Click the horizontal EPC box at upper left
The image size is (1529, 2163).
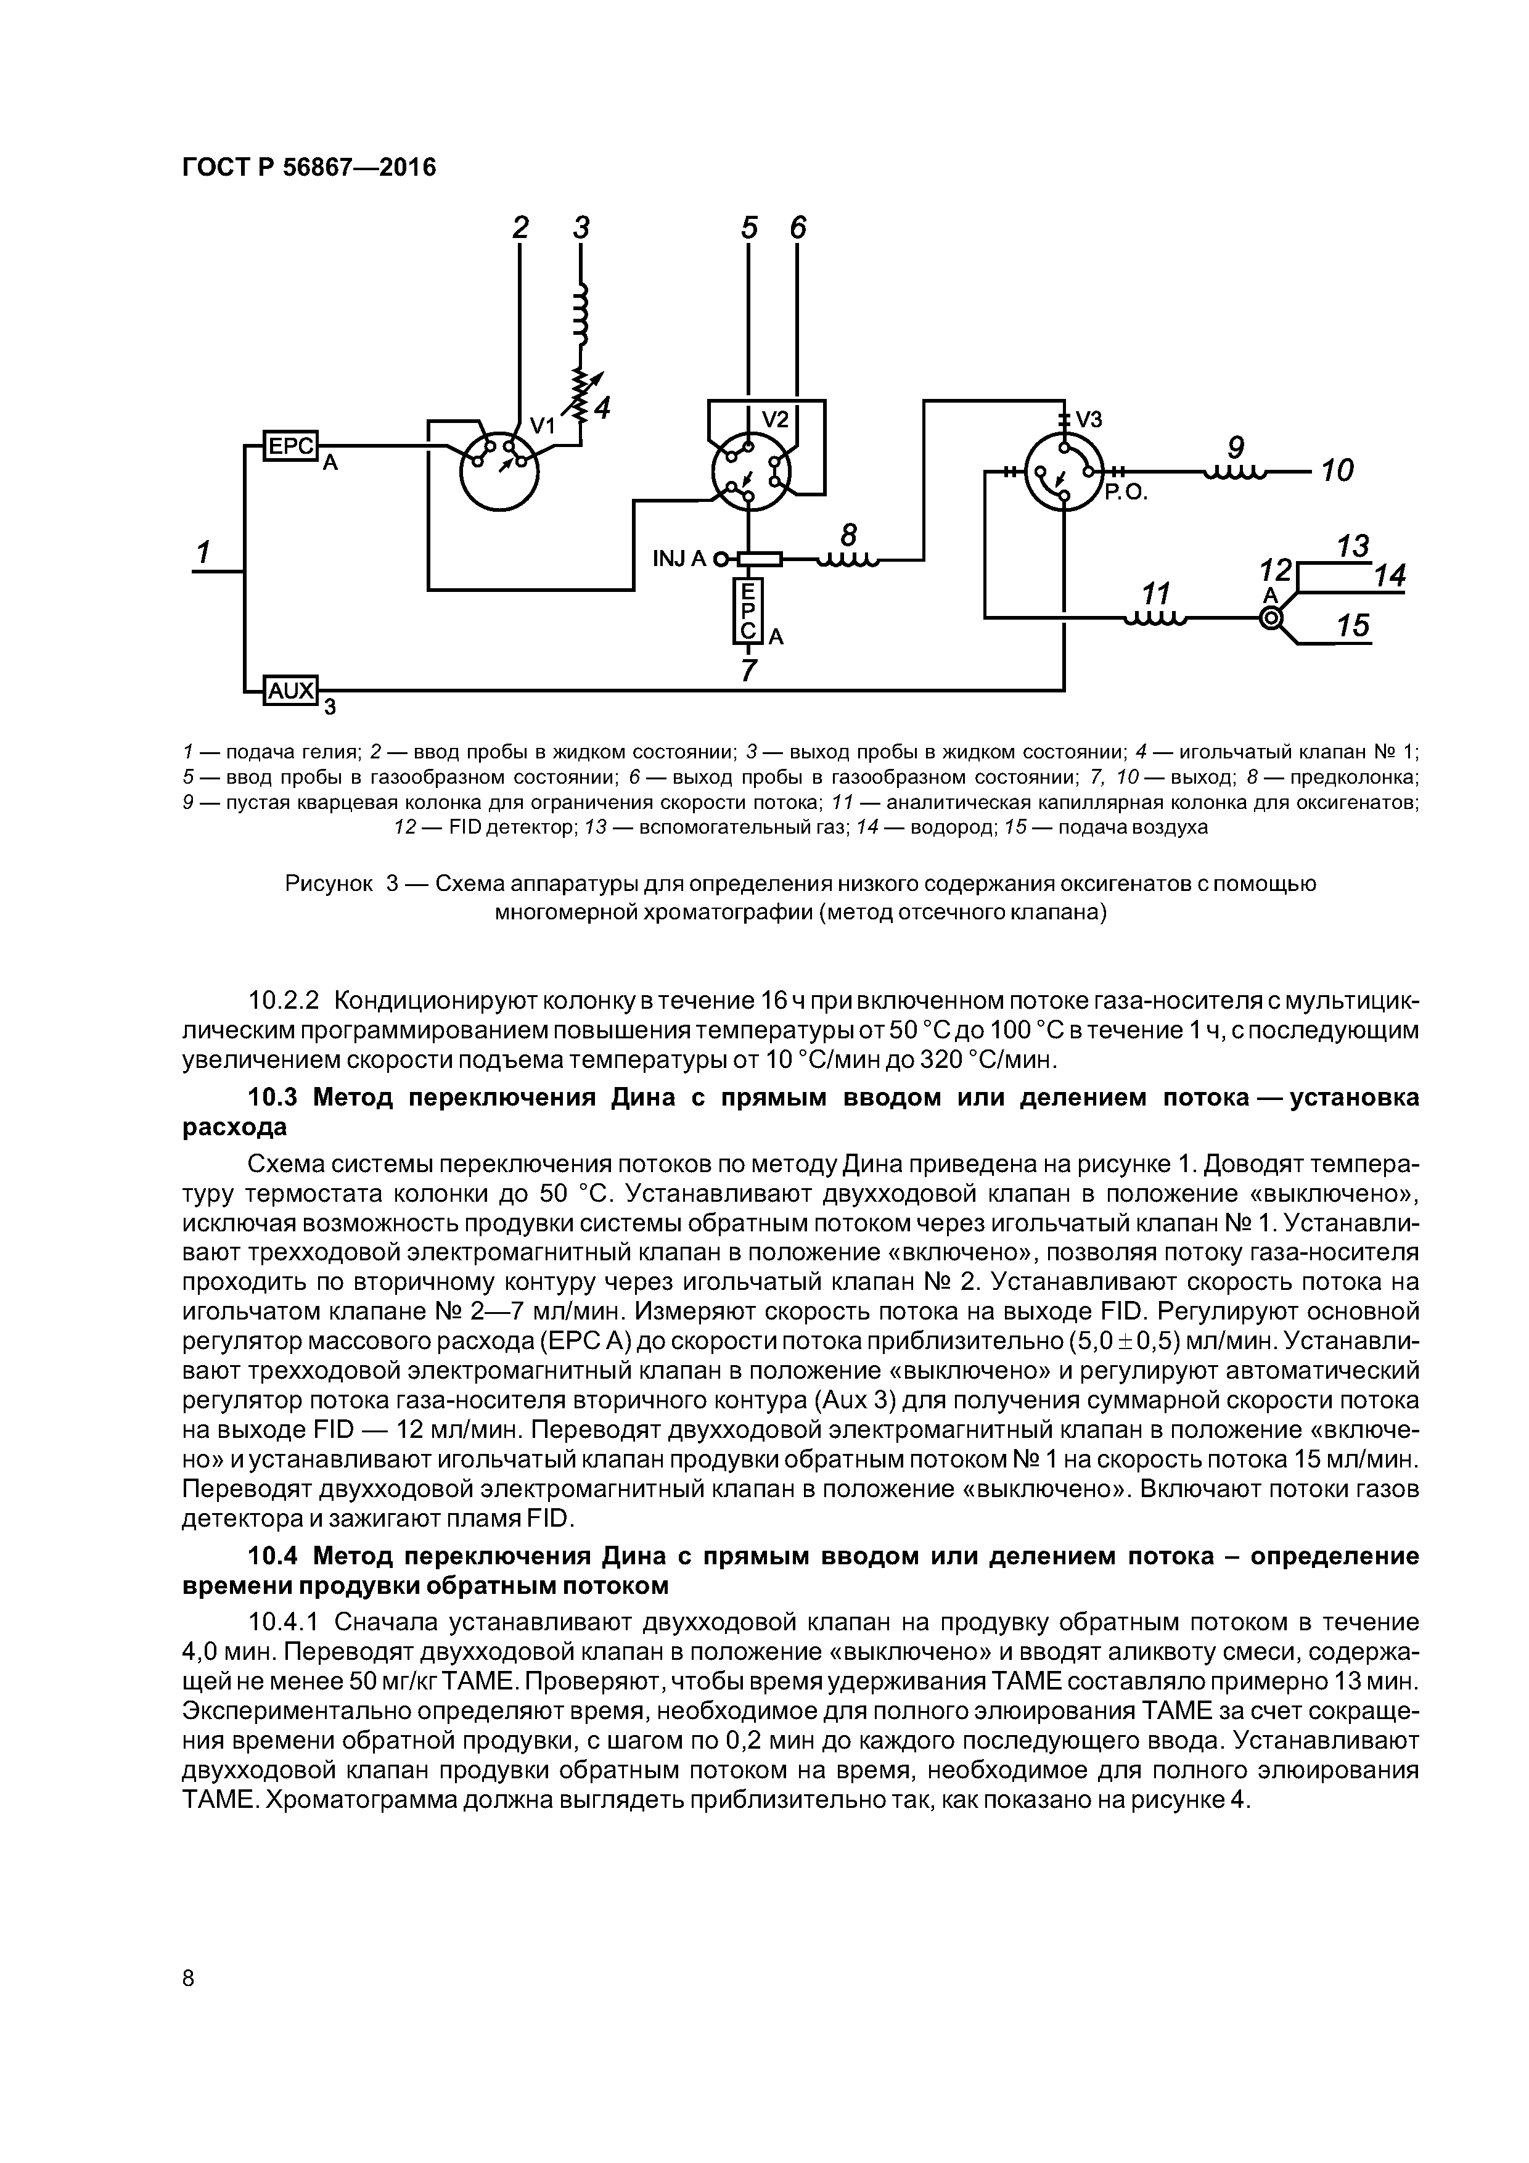tap(290, 446)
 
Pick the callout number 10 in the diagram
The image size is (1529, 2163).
tap(1336, 470)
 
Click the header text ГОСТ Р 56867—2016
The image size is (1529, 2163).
tap(309, 168)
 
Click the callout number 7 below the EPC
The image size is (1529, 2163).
tap(749, 671)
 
